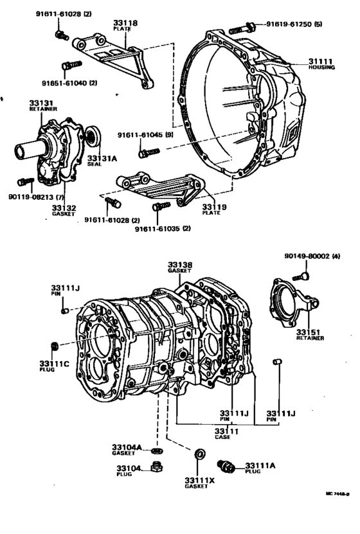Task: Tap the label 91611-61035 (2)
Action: click(x=162, y=228)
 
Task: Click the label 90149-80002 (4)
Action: click(x=312, y=256)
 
